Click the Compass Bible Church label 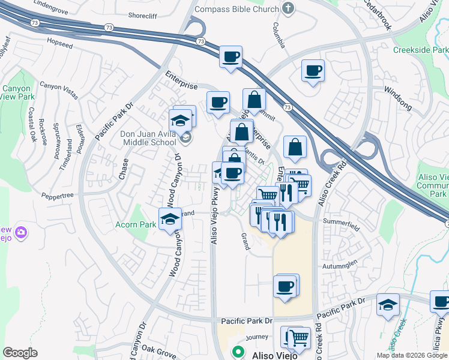[238, 9]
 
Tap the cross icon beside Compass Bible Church [288, 8]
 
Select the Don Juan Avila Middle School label [149, 138]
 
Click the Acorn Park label [136, 225]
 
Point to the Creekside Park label [420, 50]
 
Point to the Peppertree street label [58, 196]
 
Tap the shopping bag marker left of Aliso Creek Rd [295, 146]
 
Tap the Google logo [20, 353]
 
